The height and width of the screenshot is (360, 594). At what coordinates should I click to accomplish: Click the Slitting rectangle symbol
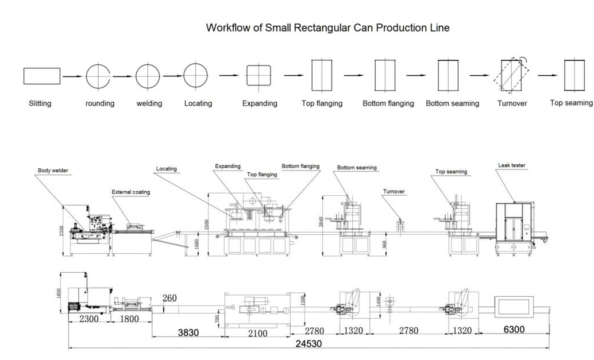[x=42, y=76]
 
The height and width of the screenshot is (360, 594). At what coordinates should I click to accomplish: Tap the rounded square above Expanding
[x=259, y=76]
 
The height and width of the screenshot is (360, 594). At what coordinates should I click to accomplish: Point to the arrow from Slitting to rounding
[x=72, y=76]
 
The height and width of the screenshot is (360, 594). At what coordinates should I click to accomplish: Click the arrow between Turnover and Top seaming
[x=547, y=75]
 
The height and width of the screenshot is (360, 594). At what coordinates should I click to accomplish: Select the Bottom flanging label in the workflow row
[x=388, y=104]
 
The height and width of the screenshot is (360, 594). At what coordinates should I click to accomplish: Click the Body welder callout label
[x=53, y=171]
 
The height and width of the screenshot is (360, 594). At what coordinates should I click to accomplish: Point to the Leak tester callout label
[x=512, y=166]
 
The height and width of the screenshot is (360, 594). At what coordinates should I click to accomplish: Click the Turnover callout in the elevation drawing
[x=395, y=191]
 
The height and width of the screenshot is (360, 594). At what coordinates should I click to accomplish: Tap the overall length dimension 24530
[x=308, y=344]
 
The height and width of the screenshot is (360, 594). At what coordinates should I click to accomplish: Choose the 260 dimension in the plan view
[x=170, y=299]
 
